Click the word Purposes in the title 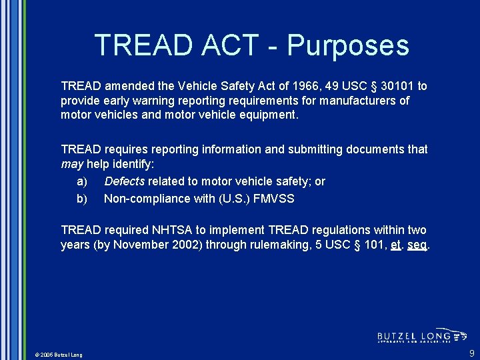(347, 45)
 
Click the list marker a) (82, 181)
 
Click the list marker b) (82, 198)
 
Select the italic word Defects (125, 181)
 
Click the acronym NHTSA (181, 230)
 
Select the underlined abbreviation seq (417, 245)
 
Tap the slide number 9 (471, 353)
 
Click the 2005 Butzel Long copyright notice (59, 355)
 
